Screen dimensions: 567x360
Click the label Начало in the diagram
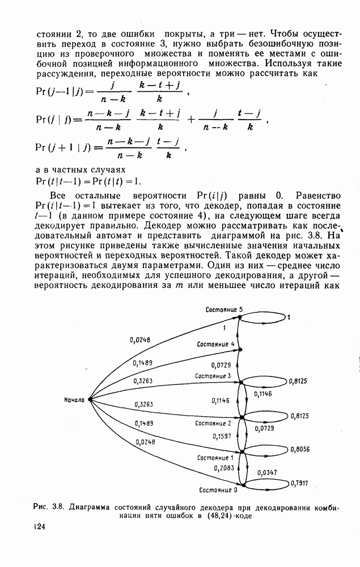pyautogui.click(x=74, y=400)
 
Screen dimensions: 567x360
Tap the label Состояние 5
pyautogui.click(x=224, y=309)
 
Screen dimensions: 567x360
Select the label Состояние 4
pyautogui.click(x=215, y=344)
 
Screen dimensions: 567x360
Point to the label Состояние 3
pyautogui.click(x=213, y=376)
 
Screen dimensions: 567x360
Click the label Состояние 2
pyautogui.click(x=214, y=424)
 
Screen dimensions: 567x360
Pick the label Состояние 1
pyautogui.click(x=215, y=458)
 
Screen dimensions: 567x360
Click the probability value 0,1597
pyautogui.click(x=222, y=436)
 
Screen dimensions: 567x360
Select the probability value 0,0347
pyautogui.click(x=267, y=472)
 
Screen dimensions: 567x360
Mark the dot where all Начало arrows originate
pyautogui.click(x=90, y=400)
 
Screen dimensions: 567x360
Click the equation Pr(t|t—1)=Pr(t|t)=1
pyautogui.click(x=88, y=181)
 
